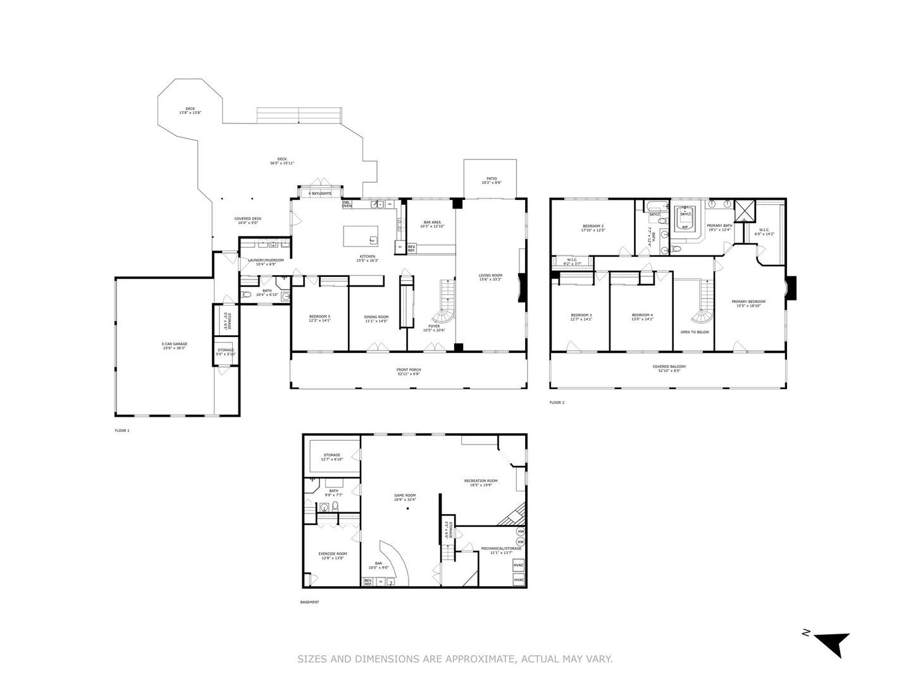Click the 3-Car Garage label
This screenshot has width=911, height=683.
click(174, 344)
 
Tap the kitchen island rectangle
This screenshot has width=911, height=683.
click(361, 236)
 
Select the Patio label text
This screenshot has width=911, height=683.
click(492, 178)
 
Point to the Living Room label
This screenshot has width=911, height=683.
click(490, 275)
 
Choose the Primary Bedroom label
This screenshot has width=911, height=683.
click(748, 302)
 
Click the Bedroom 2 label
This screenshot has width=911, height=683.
click(593, 226)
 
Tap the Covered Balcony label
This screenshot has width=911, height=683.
click(669, 366)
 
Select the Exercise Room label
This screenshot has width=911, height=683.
click(332, 553)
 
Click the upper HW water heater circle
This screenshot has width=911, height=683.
click(521, 532)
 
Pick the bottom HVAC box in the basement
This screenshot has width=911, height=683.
click(519, 580)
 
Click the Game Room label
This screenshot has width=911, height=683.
click(405, 495)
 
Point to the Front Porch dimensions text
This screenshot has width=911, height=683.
click(409, 374)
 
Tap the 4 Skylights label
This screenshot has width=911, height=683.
click(320, 194)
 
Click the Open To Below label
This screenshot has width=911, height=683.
click(695, 332)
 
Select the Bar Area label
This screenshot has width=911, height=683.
click(432, 223)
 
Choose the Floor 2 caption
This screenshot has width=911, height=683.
click(557, 402)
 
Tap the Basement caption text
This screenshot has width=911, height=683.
click(309, 602)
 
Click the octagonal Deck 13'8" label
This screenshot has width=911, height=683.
click(190, 108)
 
